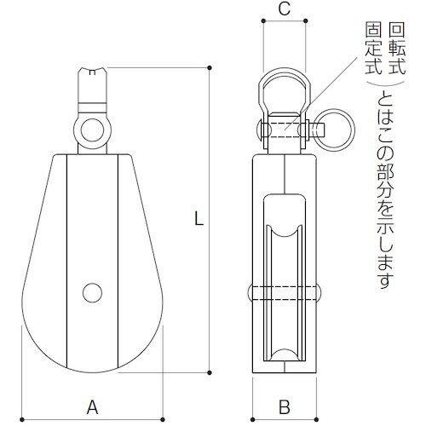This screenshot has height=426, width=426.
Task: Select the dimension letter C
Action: (x=285, y=11)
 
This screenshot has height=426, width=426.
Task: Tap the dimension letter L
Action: (x=198, y=219)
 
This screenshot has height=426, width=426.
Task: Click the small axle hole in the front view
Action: (x=91, y=292)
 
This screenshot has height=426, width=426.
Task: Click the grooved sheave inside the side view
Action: (x=285, y=290)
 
